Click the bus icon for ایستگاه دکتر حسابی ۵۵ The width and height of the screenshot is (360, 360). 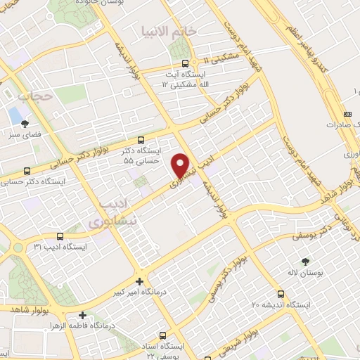(x=142, y=140)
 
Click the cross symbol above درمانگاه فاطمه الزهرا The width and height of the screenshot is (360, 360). (x=84, y=315)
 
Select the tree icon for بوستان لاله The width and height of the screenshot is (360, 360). (x=304, y=262)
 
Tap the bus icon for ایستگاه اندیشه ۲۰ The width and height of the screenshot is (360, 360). (x=281, y=294)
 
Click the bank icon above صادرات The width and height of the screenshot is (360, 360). (x=347, y=114)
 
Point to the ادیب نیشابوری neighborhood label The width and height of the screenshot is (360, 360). (x=110, y=213)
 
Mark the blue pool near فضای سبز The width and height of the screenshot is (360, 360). (x=14, y=113)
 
